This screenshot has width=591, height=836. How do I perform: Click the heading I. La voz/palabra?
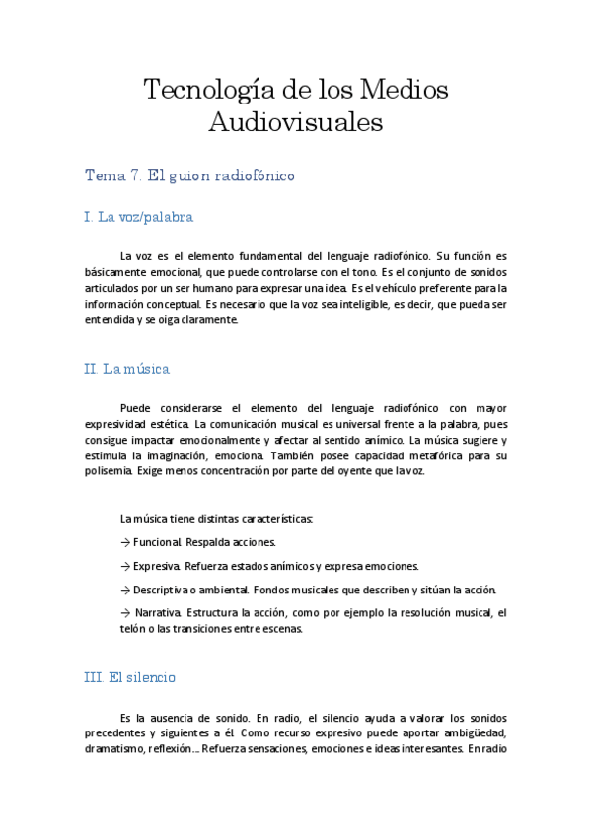(x=138, y=216)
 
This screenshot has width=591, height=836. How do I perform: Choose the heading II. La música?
(x=127, y=369)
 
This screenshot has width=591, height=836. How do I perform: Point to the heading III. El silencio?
(x=130, y=678)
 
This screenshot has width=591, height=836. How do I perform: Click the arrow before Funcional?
(x=124, y=542)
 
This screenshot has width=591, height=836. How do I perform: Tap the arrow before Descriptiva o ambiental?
(x=124, y=590)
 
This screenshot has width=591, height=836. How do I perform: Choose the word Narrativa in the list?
(x=158, y=613)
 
